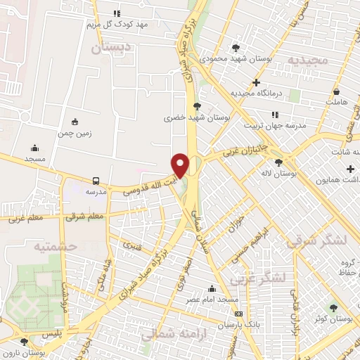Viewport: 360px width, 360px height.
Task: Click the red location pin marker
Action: [x=180, y=165]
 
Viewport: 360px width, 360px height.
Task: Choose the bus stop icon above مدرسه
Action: [x=96, y=180]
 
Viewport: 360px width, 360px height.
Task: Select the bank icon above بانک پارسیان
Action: [x=239, y=314]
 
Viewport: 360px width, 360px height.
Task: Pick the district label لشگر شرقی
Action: [x=317, y=240]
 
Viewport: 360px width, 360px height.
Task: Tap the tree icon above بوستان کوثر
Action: [x=333, y=307]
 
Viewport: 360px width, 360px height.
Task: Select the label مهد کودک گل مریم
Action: [x=118, y=25]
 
